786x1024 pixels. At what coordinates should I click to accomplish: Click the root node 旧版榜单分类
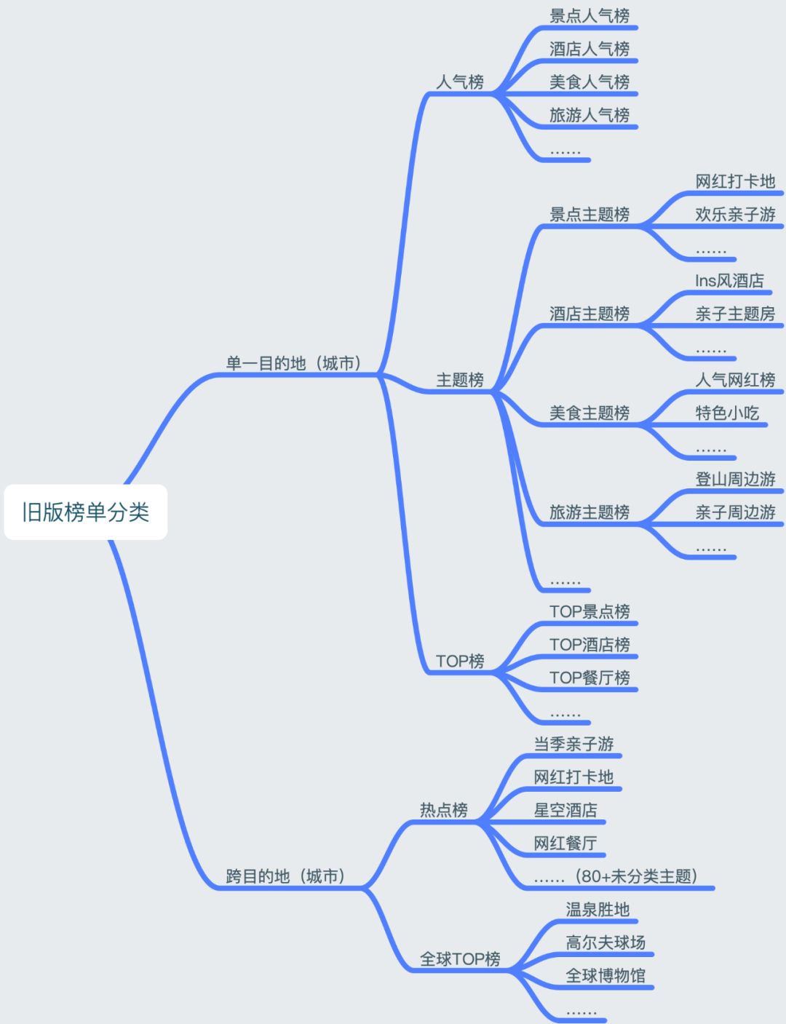point(86,512)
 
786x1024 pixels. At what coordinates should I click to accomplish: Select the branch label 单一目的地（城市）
point(294,363)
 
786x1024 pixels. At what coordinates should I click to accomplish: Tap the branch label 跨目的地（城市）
point(286,876)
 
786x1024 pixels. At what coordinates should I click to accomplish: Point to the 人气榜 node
point(460,82)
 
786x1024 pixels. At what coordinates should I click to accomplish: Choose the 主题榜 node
point(460,380)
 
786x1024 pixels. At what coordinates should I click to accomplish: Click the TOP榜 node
point(460,661)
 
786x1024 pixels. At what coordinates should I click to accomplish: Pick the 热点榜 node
point(444,810)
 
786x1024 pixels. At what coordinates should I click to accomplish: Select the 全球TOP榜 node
point(460,959)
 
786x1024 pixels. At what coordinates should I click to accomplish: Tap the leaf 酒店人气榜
point(589,49)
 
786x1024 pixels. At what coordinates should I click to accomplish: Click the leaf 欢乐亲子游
point(735,215)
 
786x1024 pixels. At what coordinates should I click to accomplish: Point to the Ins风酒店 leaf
point(729,281)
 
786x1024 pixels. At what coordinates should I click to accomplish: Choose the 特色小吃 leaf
point(727,413)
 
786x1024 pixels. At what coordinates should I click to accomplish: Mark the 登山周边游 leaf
point(735,479)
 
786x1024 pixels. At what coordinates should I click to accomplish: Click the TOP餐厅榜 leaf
point(589,678)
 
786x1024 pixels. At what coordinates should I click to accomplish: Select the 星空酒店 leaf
point(565,810)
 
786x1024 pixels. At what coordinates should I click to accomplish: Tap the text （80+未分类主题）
point(636,876)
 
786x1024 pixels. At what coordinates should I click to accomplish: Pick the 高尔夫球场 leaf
point(606,942)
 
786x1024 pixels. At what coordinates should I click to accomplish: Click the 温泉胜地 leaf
point(598,910)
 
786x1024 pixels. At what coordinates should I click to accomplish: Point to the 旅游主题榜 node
point(589,512)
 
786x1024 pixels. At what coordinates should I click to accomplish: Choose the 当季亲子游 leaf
point(573,744)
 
